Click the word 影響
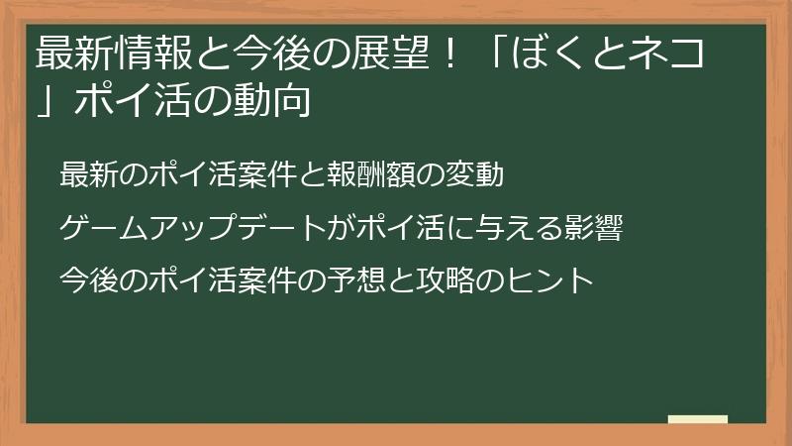click(x=595, y=229)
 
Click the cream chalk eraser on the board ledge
click(x=697, y=419)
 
